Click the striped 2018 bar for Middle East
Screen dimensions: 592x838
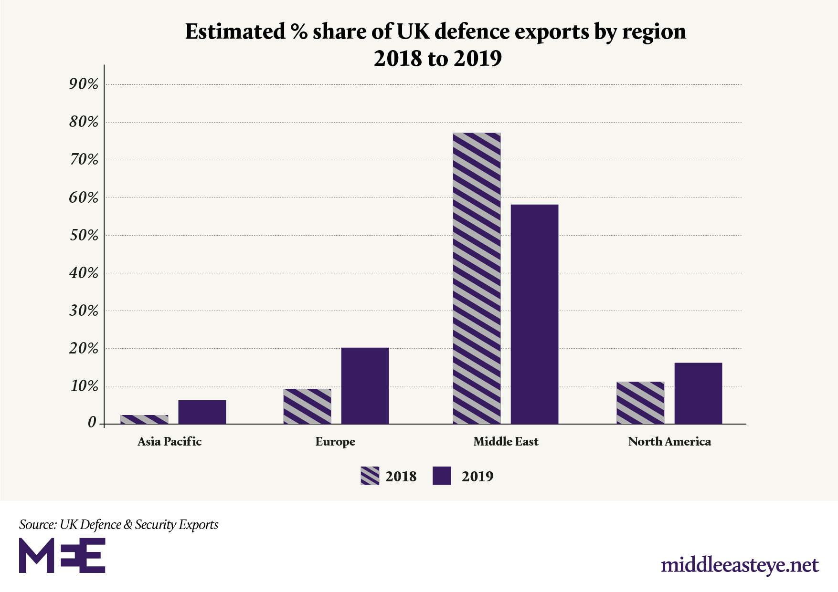pyautogui.click(x=477, y=278)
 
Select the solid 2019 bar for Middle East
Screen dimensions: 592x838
pyautogui.click(x=534, y=314)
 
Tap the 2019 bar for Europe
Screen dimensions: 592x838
pyautogui.click(x=365, y=385)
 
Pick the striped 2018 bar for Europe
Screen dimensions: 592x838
pyautogui.click(x=307, y=406)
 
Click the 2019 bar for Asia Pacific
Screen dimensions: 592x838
pyautogui.click(x=202, y=412)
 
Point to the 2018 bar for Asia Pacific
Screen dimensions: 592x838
pyautogui.click(x=144, y=419)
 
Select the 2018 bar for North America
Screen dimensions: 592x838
pyautogui.click(x=640, y=403)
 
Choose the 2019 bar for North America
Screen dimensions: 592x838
pyautogui.click(x=698, y=393)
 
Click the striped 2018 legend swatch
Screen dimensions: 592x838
pyautogui.click(x=370, y=476)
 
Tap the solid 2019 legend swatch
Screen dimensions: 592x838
pyautogui.click(x=442, y=476)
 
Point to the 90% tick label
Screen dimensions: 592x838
pyautogui.click(x=84, y=84)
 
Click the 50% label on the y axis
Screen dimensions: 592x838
pyautogui.click(x=84, y=236)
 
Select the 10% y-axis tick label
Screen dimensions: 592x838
pyautogui.click(x=84, y=386)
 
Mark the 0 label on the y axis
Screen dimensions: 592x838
pyautogui.click(x=92, y=423)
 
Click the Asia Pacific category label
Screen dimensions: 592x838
pyautogui.click(x=170, y=442)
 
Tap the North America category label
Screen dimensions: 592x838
pyautogui.click(x=669, y=442)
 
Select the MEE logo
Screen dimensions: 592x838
pyautogui.click(x=62, y=555)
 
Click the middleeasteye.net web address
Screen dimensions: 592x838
pyautogui.click(x=740, y=565)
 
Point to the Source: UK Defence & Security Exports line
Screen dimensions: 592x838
pyautogui.click(x=118, y=525)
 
